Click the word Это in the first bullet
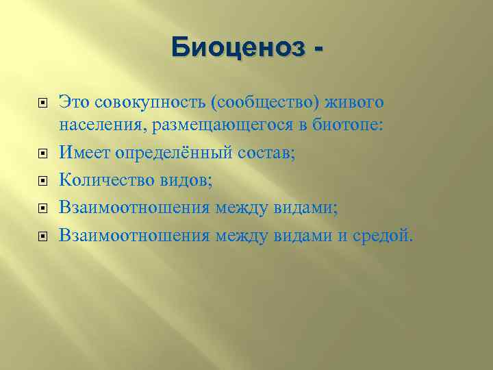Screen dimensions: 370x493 (x=73, y=102)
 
